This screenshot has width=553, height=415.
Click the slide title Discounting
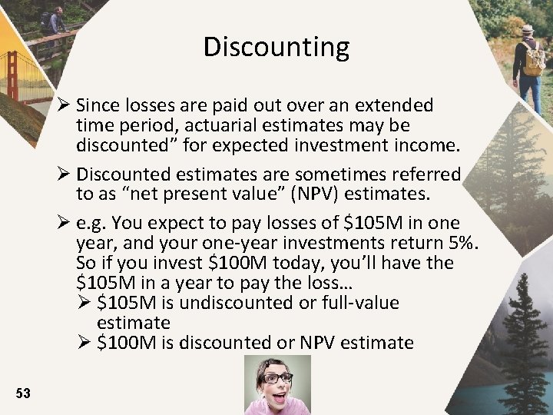point(276,48)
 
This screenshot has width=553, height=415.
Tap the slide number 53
point(23,393)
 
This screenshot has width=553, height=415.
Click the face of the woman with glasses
point(277,380)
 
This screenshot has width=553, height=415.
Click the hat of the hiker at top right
point(527,29)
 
